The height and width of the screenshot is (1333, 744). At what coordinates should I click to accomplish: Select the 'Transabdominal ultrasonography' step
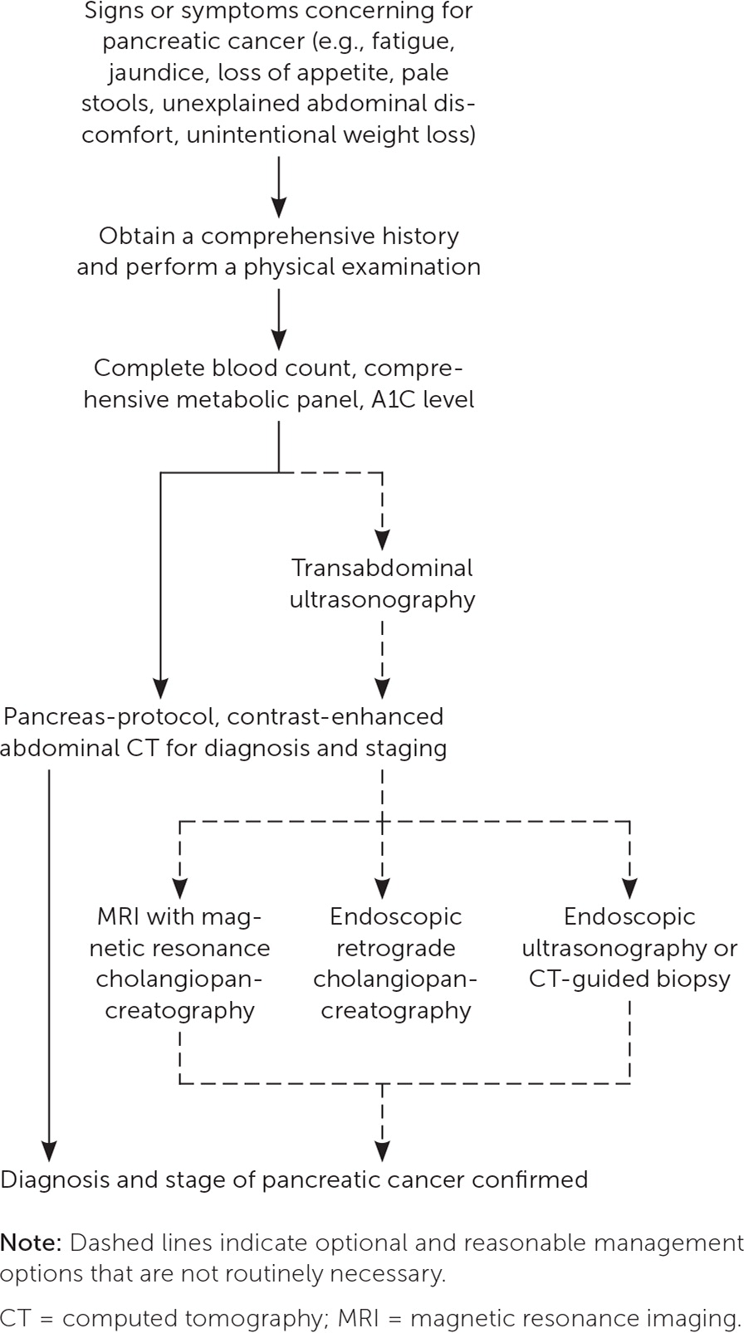[x=382, y=583]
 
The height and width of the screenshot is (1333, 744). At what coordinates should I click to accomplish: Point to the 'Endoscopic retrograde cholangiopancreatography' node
[x=394, y=963]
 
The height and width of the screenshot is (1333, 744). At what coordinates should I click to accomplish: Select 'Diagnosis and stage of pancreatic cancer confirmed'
[x=294, y=1179]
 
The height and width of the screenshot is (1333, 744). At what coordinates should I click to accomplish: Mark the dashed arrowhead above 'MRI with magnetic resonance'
[x=179, y=889]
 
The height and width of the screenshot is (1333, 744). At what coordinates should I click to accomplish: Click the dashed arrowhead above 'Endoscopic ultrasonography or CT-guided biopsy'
[x=629, y=889]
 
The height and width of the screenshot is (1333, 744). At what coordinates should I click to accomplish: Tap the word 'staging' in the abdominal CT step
[x=406, y=748]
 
